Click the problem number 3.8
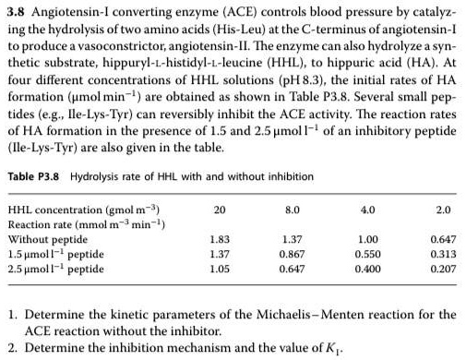(x=16, y=9)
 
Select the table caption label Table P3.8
(x=34, y=176)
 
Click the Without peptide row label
(x=43, y=239)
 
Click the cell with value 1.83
(x=220, y=239)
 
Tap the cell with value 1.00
(x=369, y=239)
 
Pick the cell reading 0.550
(x=369, y=254)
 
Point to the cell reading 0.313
(x=443, y=254)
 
